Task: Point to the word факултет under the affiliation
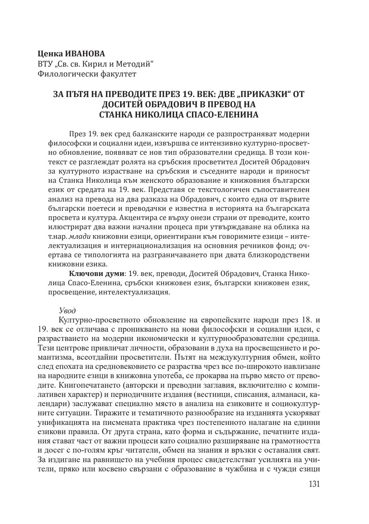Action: pos(119,73)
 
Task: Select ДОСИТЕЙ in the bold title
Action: pos(131,104)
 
